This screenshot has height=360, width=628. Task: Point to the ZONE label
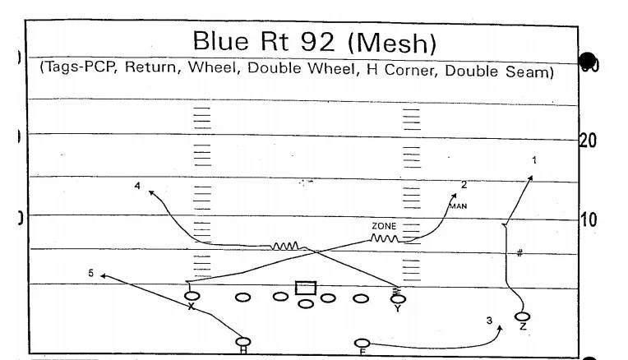384,224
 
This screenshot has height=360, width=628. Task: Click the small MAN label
458,206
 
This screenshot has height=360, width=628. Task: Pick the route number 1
534,159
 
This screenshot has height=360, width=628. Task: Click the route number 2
464,185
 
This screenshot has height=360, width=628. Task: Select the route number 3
488,321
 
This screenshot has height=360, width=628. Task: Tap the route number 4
138,186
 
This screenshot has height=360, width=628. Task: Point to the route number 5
91,272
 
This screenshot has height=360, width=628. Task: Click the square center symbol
306,288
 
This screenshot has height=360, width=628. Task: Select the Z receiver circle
521,316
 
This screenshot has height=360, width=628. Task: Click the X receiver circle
192,296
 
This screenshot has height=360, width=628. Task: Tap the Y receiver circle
398,298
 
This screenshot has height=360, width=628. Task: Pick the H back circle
242,341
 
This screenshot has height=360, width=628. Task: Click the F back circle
362,343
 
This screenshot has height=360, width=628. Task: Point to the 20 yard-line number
589,141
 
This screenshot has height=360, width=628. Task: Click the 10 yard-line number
589,220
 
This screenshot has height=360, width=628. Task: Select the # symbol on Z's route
519,253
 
